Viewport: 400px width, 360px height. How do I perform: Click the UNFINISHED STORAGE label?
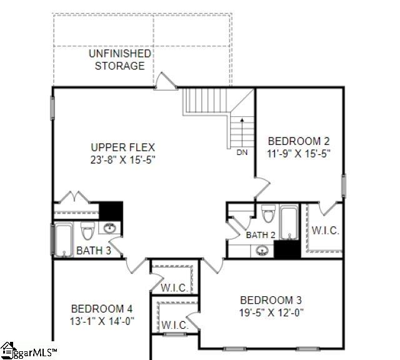[x=119, y=59]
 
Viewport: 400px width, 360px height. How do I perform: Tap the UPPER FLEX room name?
[x=122, y=147]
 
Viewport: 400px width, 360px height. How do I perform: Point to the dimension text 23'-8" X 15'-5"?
[x=122, y=159]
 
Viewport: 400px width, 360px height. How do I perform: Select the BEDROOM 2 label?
[x=298, y=141]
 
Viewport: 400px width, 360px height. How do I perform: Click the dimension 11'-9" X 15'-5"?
[x=298, y=152]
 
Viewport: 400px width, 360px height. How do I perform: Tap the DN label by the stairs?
[x=242, y=152]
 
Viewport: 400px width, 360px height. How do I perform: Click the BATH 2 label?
[x=261, y=235]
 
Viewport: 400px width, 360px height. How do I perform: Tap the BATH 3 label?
[x=93, y=251]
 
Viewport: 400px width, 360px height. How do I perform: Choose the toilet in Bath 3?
[x=87, y=231]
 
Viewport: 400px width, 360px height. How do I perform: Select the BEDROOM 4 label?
[x=101, y=309]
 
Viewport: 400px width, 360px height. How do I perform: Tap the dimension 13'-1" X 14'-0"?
[x=101, y=321]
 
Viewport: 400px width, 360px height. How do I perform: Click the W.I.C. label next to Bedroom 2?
[x=325, y=231]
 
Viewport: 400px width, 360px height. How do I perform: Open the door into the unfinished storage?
[x=165, y=81]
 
